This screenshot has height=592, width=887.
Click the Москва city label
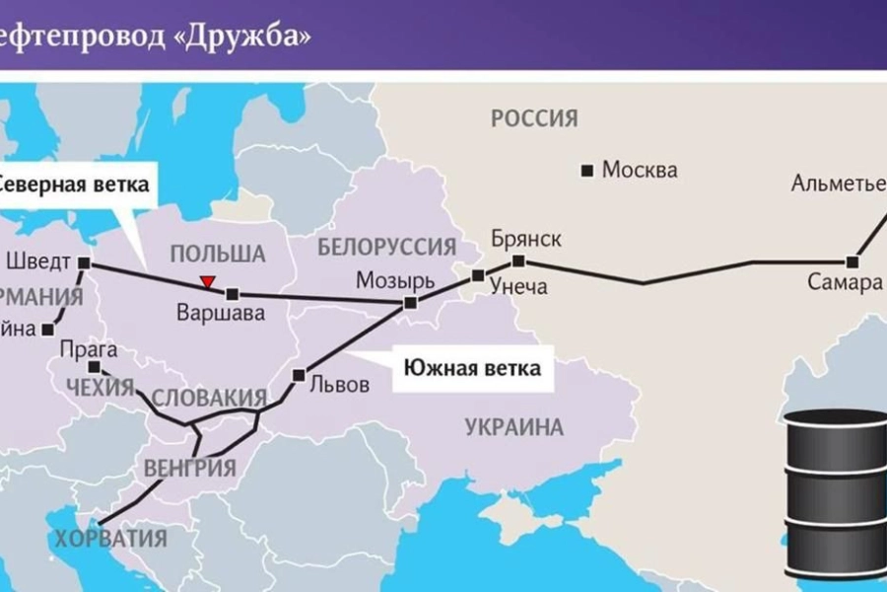(x=640, y=170)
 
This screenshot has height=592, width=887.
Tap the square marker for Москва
(x=588, y=170)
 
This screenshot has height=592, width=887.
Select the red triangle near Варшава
(x=207, y=282)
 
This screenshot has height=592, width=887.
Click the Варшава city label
(x=220, y=314)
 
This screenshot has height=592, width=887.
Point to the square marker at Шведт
(x=85, y=263)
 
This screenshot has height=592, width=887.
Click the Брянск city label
(x=526, y=239)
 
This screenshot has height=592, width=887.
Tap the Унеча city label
(x=520, y=287)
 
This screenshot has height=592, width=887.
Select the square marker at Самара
(x=853, y=262)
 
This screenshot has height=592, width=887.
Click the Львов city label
(x=339, y=385)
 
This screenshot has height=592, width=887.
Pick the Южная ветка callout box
(x=474, y=370)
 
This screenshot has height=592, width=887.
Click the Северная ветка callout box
(x=75, y=184)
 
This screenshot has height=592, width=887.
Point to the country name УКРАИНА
(x=512, y=427)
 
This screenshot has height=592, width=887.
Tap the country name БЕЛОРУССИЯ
(x=387, y=247)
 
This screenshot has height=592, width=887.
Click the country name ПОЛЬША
(x=218, y=254)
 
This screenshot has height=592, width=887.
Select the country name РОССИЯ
(x=533, y=119)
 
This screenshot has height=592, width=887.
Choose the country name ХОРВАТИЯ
(x=111, y=539)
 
